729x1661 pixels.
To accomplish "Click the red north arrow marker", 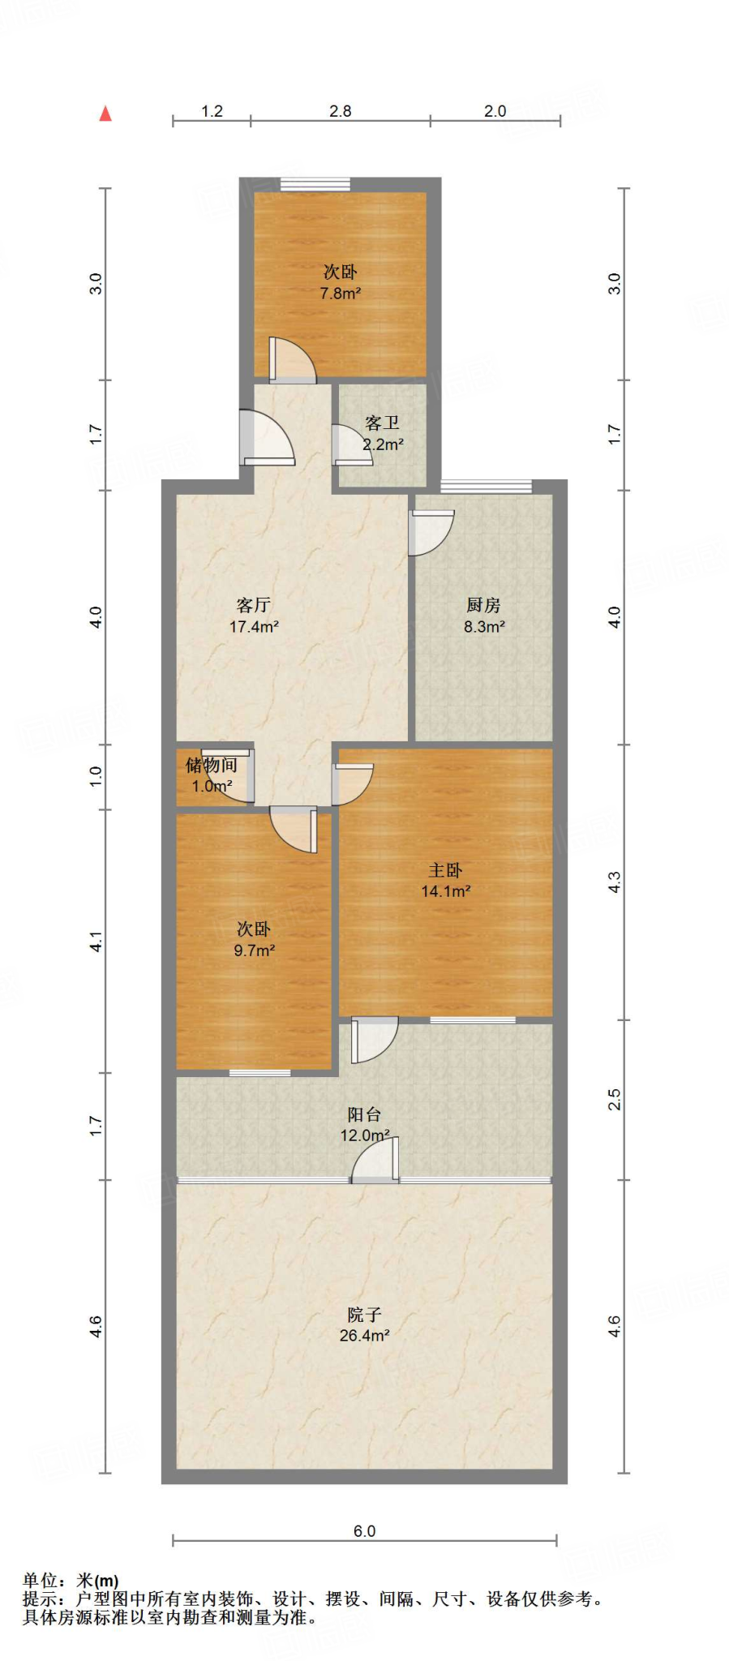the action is pyautogui.click(x=105, y=114).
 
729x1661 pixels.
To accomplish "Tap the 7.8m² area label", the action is pyautogui.click(x=341, y=294).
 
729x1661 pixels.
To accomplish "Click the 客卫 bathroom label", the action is pyautogui.click(x=382, y=423).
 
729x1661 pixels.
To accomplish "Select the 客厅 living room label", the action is pyautogui.click(x=254, y=605).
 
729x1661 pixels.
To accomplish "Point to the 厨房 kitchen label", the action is pyautogui.click(x=484, y=605).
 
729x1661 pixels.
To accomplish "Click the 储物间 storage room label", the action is pyautogui.click(x=212, y=765).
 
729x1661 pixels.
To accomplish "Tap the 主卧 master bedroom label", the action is pyautogui.click(x=445, y=870).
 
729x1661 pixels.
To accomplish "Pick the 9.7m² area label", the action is pyautogui.click(x=255, y=951).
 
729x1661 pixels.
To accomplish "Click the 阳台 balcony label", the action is pyautogui.click(x=364, y=1114).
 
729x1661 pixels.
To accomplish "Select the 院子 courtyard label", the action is pyautogui.click(x=364, y=1315).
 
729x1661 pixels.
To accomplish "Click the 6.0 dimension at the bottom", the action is pyautogui.click(x=364, y=1531).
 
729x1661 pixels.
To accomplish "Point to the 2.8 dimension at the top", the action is pyautogui.click(x=341, y=111).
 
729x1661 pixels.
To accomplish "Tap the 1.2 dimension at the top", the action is pyautogui.click(x=212, y=111).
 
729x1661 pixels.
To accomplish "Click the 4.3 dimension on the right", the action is pyautogui.click(x=615, y=882).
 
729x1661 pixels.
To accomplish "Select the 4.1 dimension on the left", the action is pyautogui.click(x=96, y=942).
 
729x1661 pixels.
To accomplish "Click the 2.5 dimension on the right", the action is pyautogui.click(x=615, y=1100).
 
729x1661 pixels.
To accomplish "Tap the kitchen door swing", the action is pyautogui.click(x=431, y=532).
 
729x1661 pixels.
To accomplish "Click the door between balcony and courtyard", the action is pyautogui.click(x=375, y=1160).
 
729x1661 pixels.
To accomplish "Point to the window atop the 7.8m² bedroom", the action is pyautogui.click(x=315, y=184).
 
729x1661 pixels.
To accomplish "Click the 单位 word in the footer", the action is pyautogui.click(x=41, y=1581).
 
